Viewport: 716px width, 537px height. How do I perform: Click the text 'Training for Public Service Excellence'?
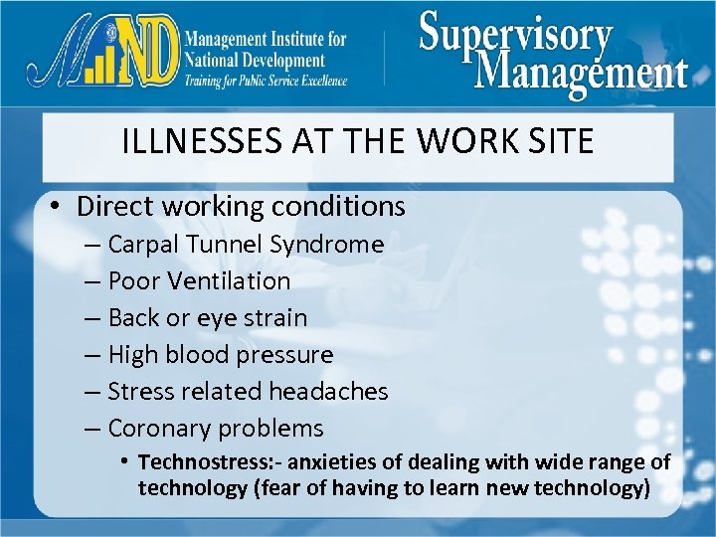point(266,81)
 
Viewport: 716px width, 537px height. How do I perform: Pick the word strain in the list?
point(276,318)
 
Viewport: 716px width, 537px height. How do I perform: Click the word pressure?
point(289,354)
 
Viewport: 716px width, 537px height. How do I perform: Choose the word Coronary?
point(158,429)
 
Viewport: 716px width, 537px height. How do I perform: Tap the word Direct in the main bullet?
point(113,206)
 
